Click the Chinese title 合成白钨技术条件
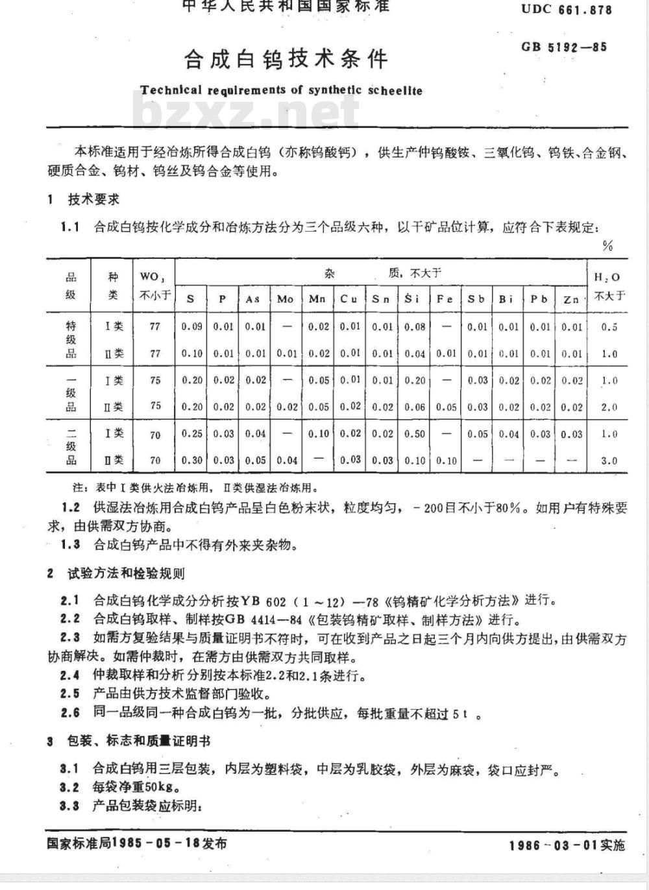[286, 59]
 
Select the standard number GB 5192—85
[564, 47]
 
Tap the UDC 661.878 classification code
[566, 9]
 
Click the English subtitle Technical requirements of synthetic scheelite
[281, 90]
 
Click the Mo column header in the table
[285, 299]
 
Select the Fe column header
[445, 299]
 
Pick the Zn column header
[571, 299]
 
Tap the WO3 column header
[155, 285]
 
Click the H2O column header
[608, 285]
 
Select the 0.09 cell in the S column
[191, 326]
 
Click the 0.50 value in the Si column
[414, 434]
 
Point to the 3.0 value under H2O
[609, 461]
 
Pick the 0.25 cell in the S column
[191, 434]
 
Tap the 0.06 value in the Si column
[414, 407]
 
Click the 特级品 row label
[71, 340]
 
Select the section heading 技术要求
[93, 199]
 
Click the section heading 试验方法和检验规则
[126, 573]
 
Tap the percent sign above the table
[607, 246]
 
